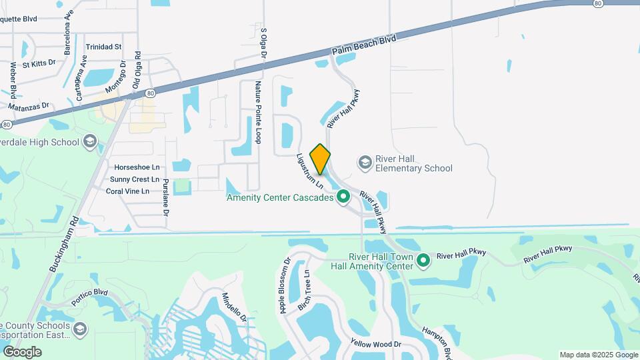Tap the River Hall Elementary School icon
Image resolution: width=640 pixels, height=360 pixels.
[x=365, y=162]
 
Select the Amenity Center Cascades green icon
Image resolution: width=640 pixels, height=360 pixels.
[x=343, y=197]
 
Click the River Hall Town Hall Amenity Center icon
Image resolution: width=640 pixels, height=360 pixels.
[x=423, y=261]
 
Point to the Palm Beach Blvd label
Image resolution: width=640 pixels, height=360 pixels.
[x=363, y=45]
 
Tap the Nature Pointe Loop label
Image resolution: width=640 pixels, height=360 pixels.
[x=259, y=113]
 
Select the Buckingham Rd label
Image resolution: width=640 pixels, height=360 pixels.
[x=64, y=243]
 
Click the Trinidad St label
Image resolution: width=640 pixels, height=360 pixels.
[x=103, y=47]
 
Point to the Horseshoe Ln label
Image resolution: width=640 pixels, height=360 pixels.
[x=137, y=167]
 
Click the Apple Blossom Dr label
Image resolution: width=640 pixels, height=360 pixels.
[x=286, y=286]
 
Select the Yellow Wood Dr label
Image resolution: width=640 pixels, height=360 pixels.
[x=376, y=345]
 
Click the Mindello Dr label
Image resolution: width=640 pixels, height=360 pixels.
[x=234, y=307]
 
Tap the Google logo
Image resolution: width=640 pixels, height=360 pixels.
[x=22, y=351]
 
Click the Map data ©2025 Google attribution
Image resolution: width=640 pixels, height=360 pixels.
[x=598, y=355]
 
